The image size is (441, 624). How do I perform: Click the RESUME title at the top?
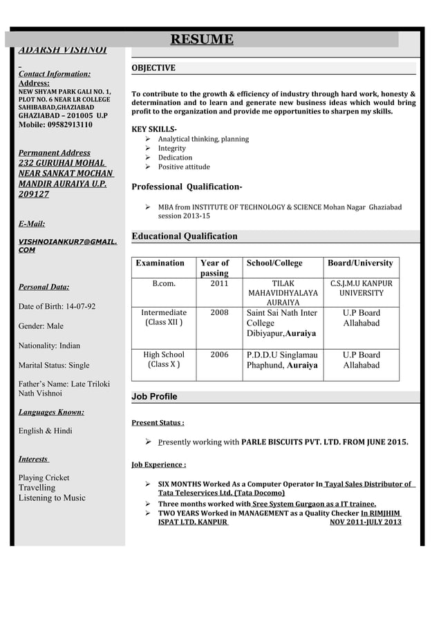[202, 39]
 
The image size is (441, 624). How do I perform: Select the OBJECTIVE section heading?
[153, 68]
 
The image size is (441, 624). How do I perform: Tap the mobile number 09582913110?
[55, 125]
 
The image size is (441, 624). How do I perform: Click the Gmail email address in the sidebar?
[67, 246]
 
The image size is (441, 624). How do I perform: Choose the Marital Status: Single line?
[53, 365]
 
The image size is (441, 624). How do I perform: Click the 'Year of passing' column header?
[214, 268]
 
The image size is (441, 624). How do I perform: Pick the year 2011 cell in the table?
[219, 283]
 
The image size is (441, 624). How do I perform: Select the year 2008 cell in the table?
[219, 312]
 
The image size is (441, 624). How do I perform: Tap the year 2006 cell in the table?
[219, 354]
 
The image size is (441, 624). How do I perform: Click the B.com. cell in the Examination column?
[163, 283]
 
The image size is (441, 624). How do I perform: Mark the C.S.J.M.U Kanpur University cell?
[361, 288]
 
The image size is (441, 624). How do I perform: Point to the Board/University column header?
[360, 263]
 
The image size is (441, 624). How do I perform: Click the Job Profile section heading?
[154, 397]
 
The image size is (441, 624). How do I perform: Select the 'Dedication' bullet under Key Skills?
[175, 158]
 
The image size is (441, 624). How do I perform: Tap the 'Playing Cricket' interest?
[44, 478]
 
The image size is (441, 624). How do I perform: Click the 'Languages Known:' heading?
[51, 413]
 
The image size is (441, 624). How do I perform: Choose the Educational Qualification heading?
[185, 236]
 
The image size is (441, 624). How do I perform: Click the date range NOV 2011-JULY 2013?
[365, 522]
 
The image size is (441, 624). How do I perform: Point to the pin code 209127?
[33, 194]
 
